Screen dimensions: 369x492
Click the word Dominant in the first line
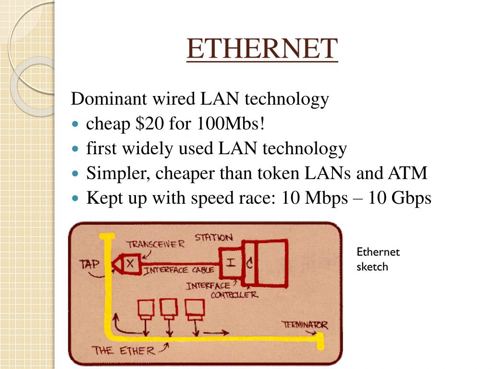(109, 99)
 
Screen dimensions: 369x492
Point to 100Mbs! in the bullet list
(230, 124)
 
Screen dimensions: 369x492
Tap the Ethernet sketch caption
(378, 259)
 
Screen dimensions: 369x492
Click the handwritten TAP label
(89, 264)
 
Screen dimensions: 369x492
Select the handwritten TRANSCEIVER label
(155, 244)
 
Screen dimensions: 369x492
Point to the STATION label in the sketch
(213, 237)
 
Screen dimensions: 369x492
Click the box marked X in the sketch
(131, 263)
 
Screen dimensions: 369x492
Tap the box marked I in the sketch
(231, 263)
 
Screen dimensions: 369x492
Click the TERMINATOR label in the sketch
(305, 325)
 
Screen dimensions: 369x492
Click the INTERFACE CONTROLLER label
(221, 291)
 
